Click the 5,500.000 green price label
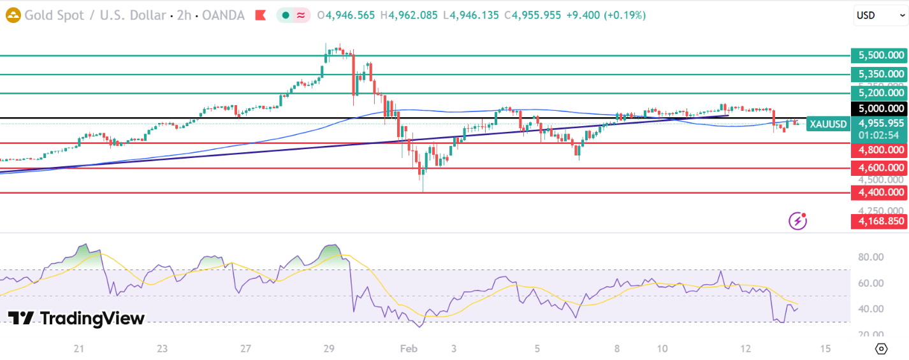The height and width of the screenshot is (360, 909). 880,56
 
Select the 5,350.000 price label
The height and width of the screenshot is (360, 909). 880,75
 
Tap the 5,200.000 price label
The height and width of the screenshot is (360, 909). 880,93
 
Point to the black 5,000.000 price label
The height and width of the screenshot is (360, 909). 880,109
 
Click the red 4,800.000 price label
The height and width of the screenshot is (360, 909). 880,150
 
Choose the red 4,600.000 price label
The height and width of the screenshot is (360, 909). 880,168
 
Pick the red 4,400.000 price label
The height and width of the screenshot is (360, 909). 880,192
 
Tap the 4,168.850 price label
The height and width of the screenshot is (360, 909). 880,221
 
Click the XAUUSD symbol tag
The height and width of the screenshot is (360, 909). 828,124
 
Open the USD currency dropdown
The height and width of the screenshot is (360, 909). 880,15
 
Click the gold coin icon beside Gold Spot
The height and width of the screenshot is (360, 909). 13,15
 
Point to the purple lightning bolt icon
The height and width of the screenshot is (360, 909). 797,221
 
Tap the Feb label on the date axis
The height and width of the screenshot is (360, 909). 408,349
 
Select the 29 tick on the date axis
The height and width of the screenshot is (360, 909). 329,349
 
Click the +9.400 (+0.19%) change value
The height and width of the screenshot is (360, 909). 604,15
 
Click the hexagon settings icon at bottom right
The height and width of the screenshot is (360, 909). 882,349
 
